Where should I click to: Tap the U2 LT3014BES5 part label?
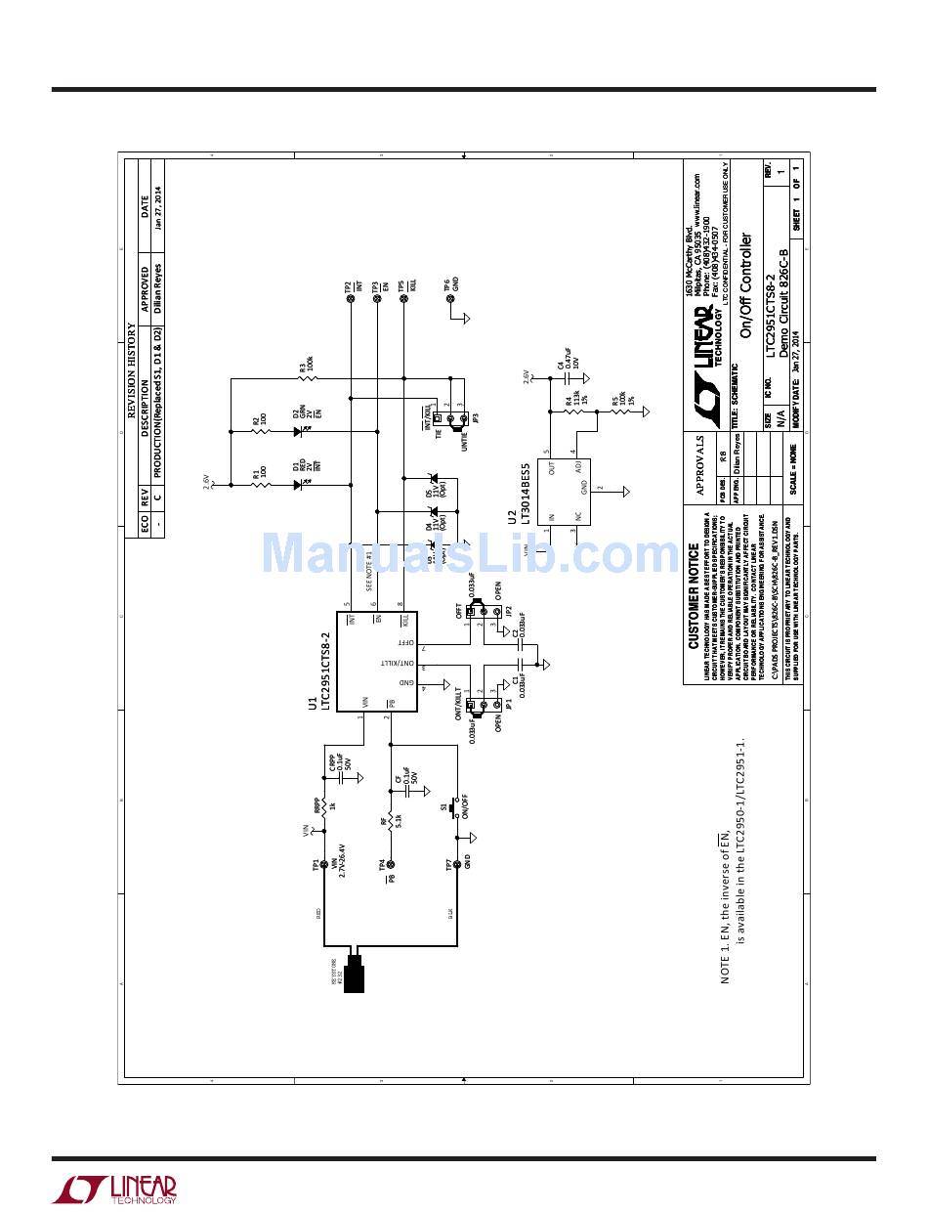tap(518, 494)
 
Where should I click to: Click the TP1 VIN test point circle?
tap(324, 865)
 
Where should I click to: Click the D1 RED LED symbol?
tap(296, 483)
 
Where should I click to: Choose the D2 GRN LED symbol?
tap(296, 429)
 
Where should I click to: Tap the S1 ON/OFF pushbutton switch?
tap(453, 810)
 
